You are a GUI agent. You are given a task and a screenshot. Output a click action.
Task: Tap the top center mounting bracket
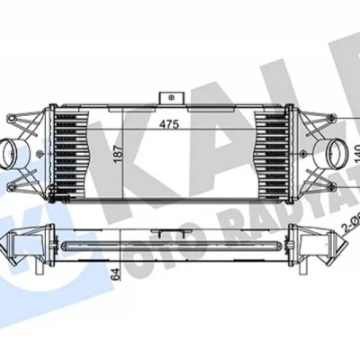[166, 96]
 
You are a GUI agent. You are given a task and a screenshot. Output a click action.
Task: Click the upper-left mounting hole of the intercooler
[11, 118]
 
